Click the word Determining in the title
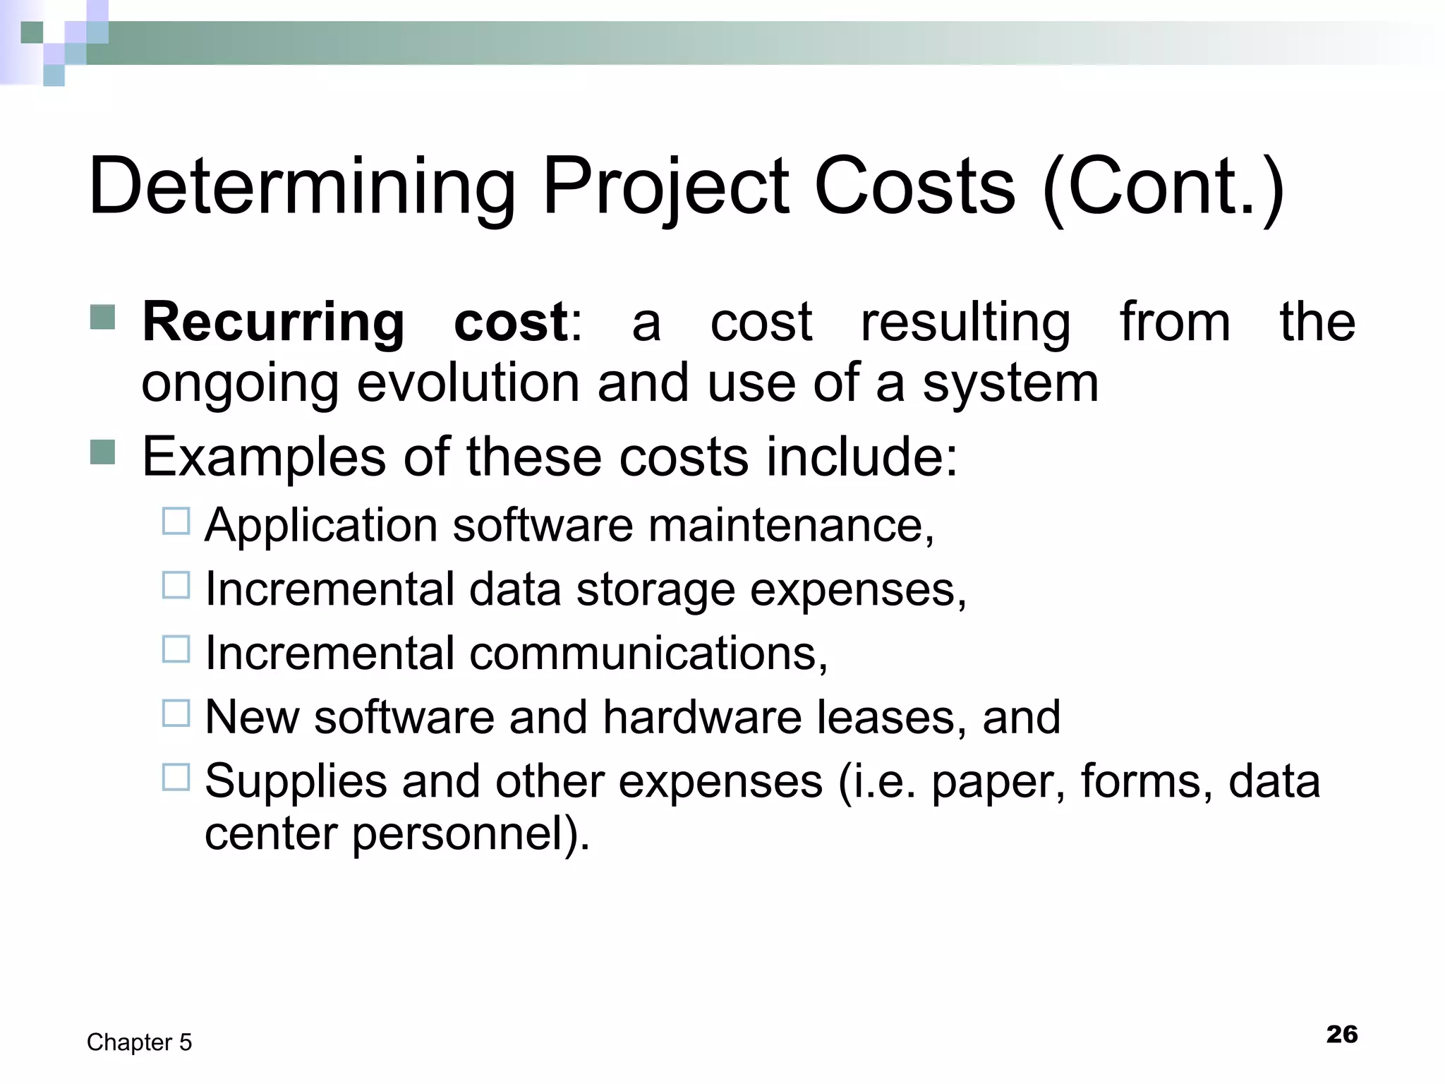coord(302,187)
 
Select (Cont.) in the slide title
coord(1163,187)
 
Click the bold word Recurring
coord(273,323)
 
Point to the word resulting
coord(965,323)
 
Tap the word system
coord(1010,385)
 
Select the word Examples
coord(263,457)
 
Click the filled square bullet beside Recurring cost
coord(103,318)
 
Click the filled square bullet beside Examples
coord(103,452)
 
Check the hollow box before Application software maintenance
coord(176,522)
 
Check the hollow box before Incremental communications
coord(176,649)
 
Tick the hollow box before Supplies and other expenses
coord(176,777)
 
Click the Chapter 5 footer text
coord(139,1042)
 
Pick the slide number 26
coord(1341,1035)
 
